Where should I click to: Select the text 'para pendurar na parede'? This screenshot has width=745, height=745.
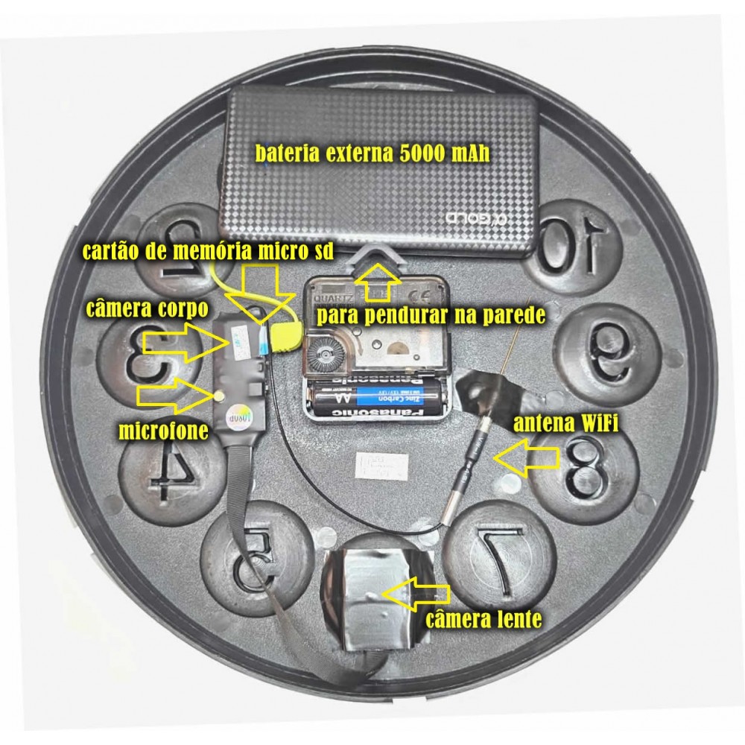(430, 315)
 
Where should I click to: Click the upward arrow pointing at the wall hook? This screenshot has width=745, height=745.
(378, 279)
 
